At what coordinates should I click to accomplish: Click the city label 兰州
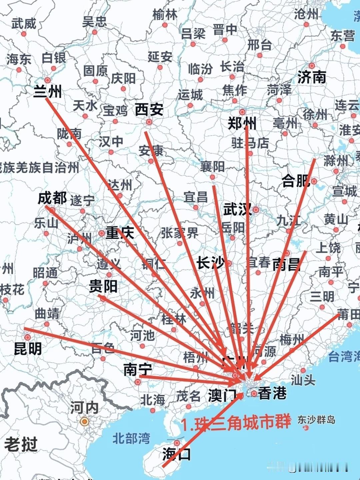(48, 91)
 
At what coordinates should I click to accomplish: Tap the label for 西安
(149, 110)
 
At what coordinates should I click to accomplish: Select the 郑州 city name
(242, 124)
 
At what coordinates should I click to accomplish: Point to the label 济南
(312, 77)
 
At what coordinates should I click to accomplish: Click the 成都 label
(52, 198)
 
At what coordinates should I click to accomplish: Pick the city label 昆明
(28, 349)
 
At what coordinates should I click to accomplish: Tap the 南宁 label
(138, 369)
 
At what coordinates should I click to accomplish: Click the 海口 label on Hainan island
(177, 454)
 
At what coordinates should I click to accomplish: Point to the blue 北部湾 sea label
(131, 438)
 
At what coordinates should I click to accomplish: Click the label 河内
(84, 407)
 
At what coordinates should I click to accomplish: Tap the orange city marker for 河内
(85, 422)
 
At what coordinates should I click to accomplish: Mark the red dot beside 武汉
(256, 210)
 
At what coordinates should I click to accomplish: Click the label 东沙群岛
(316, 419)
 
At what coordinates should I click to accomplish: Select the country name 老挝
(21, 445)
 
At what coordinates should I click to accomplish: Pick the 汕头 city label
(303, 380)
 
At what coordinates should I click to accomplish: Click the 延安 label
(160, 57)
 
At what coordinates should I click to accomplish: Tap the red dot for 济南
(312, 66)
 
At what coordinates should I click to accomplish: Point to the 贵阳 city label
(103, 286)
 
